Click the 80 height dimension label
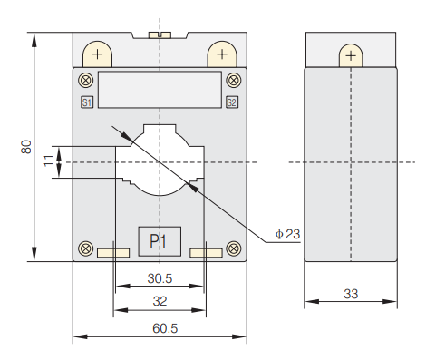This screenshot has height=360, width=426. click(26, 147)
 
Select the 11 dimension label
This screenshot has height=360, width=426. click(48, 161)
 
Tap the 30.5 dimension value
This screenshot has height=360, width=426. click(160, 278)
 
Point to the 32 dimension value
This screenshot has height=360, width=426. click(160, 301)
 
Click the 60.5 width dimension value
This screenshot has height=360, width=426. click(165, 328)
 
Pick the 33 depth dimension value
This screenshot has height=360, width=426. click(351, 294)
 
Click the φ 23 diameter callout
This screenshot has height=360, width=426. click(287, 234)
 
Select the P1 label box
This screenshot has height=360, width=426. click(160, 241)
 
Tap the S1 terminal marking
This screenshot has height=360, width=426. click(87, 102)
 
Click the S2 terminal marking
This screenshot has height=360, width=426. click(232, 102)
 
